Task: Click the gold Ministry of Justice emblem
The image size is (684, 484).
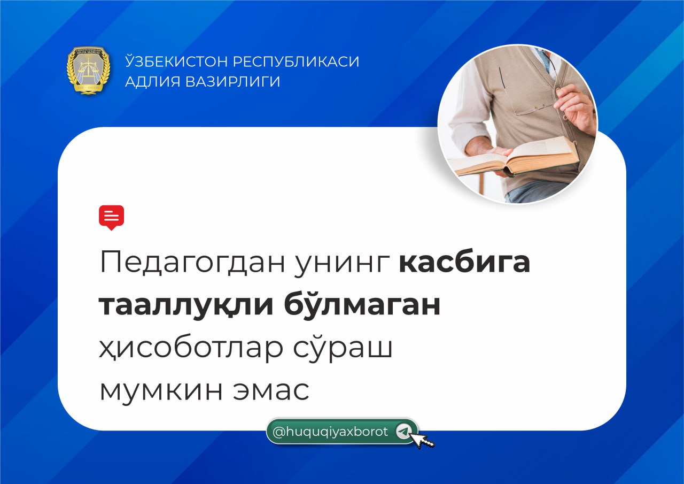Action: (88, 70)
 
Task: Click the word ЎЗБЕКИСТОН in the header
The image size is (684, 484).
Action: (176, 61)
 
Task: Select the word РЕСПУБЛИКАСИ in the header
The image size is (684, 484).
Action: (296, 62)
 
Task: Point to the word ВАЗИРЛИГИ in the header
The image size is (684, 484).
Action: (232, 82)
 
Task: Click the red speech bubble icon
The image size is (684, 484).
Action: (112, 218)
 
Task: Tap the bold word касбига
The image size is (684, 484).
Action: (464, 262)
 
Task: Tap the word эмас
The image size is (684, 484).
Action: (271, 390)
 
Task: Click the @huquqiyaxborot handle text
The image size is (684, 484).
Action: (330, 432)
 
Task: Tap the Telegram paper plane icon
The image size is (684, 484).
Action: (403, 432)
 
